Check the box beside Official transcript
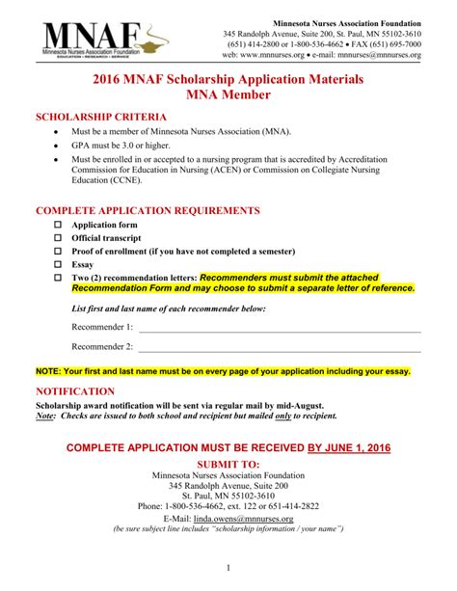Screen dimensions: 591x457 [57, 237]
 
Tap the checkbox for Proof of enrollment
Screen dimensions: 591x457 [57, 250]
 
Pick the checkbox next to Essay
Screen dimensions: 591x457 [57, 263]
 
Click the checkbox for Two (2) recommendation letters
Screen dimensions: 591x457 [57, 277]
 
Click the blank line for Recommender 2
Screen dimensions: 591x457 [280, 350]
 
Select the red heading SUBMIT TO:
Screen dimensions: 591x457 [228, 464]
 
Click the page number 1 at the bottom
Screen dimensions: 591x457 [228, 567]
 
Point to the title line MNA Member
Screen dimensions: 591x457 [228, 95]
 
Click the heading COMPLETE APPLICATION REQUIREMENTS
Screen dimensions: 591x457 [148, 209]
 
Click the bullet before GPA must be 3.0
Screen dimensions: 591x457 [57, 145]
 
